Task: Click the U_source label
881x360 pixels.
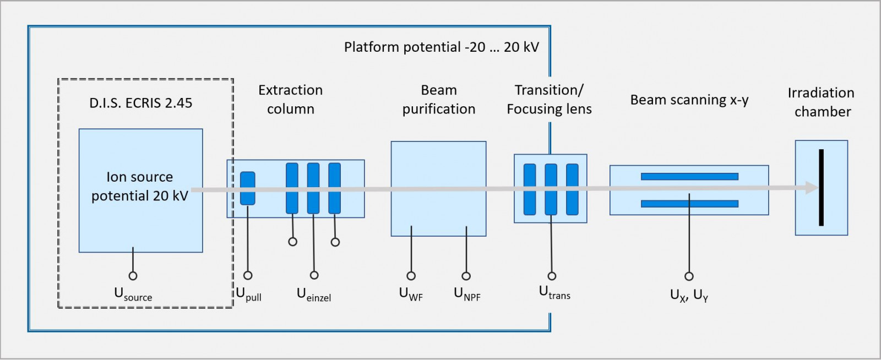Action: (x=133, y=294)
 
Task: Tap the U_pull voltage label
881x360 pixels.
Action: (x=248, y=294)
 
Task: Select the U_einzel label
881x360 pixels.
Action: (x=314, y=294)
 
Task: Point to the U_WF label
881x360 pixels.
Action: (x=411, y=294)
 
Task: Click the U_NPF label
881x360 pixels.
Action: (x=467, y=294)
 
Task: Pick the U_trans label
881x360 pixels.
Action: (x=554, y=292)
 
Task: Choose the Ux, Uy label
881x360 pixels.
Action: (x=689, y=296)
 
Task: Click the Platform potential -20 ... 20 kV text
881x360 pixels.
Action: (x=441, y=47)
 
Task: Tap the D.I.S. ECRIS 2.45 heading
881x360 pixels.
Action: (x=141, y=103)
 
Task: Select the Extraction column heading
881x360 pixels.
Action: (x=291, y=100)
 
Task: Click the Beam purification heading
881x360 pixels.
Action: (x=439, y=100)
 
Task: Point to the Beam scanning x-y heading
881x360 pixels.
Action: (x=689, y=100)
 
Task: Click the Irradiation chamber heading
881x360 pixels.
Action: (x=822, y=102)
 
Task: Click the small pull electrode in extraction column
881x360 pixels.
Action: (x=248, y=188)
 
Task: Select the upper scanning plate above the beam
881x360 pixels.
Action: (x=689, y=177)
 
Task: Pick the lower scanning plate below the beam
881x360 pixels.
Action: (x=689, y=204)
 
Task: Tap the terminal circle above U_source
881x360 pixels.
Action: (x=133, y=276)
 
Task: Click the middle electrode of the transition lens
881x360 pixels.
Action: (x=551, y=189)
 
